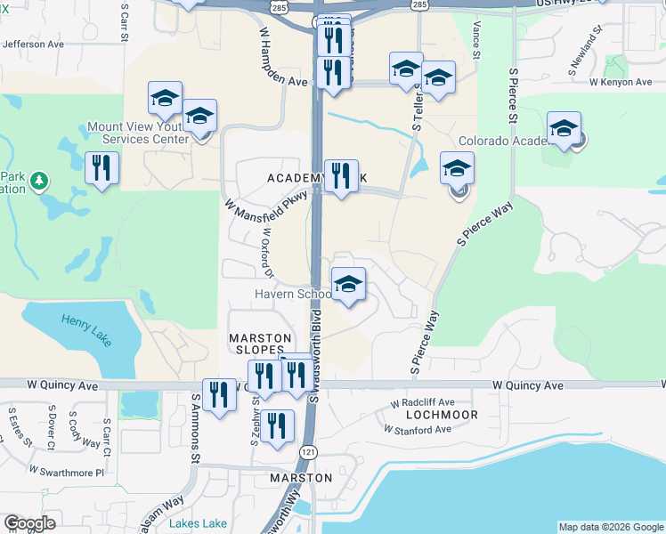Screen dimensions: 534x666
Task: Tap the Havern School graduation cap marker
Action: (348, 285)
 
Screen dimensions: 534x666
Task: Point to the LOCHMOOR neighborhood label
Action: (442, 415)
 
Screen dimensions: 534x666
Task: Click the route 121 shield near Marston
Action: (307, 453)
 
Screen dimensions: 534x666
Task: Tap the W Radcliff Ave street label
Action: (422, 402)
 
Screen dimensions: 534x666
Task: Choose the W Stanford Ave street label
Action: (418, 429)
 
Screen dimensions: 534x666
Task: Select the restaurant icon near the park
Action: (102, 167)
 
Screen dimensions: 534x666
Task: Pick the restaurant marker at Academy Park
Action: (340, 176)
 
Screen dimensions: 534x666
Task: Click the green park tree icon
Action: (38, 182)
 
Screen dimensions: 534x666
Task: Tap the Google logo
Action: (29, 523)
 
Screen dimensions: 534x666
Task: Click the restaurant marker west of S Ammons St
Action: (219, 395)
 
